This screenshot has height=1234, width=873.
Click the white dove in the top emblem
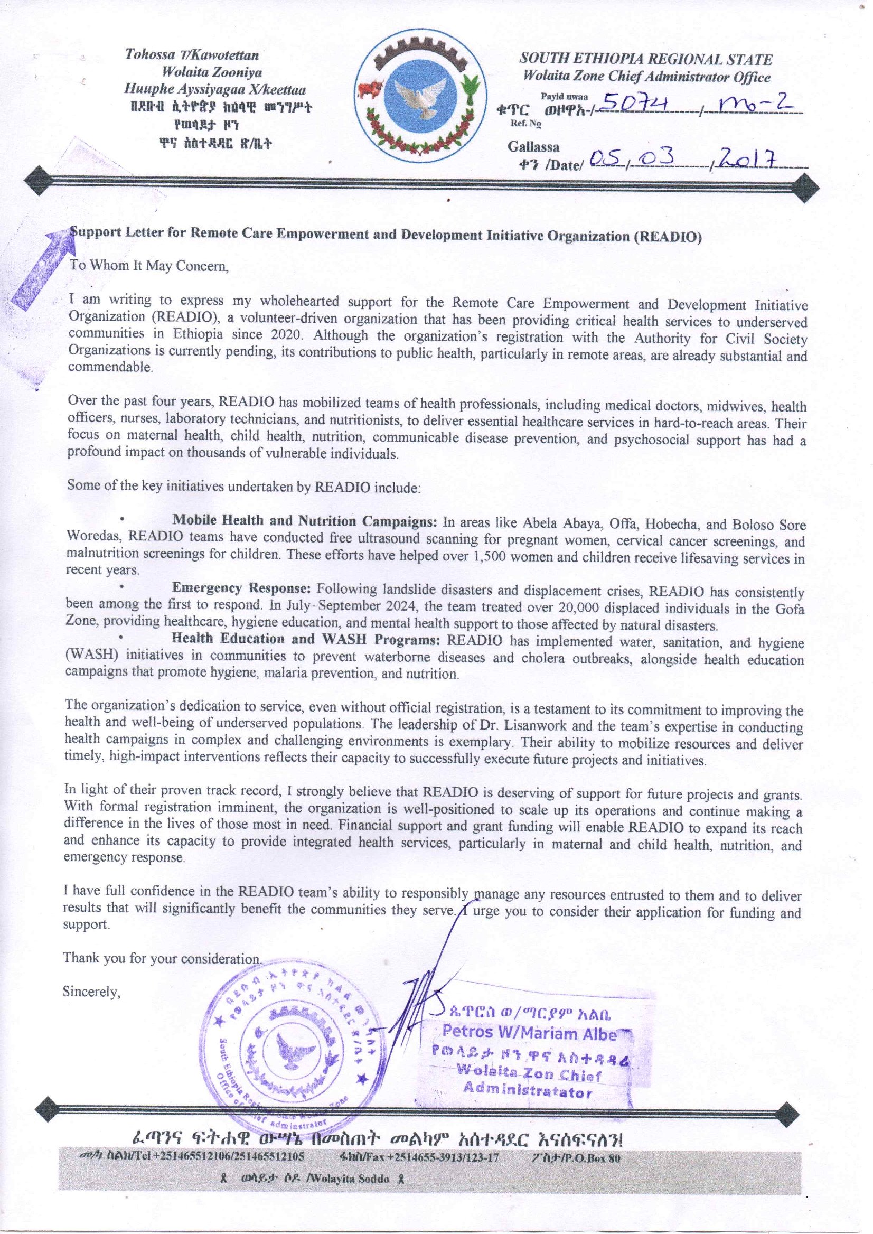click(421, 96)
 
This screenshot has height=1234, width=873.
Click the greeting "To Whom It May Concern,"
click(149, 266)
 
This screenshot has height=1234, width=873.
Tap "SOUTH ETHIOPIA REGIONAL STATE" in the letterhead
click(645, 59)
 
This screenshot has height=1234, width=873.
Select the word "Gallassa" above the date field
click(533, 147)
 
